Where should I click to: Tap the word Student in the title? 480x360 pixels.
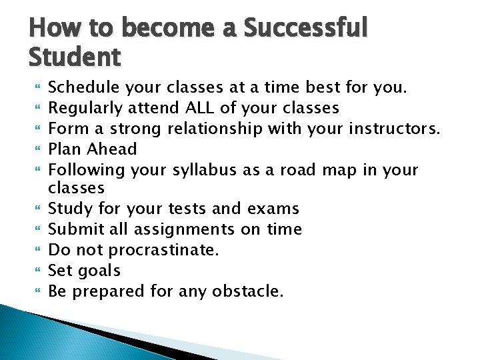tap(75, 58)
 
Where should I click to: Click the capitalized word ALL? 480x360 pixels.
tap(200, 107)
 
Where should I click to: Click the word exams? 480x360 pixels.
tap(273, 209)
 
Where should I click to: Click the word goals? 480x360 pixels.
tap(99, 271)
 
